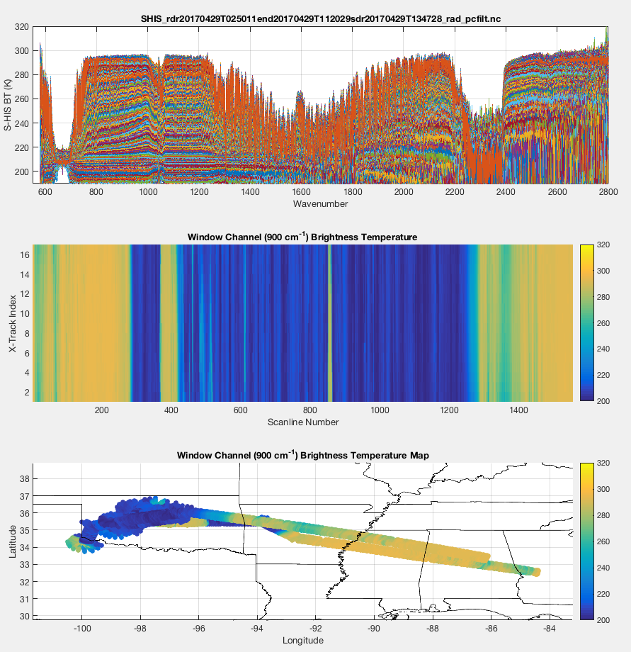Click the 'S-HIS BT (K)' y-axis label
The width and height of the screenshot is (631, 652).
pyautogui.click(x=9, y=105)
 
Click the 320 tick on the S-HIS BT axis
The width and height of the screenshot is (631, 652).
pyautogui.click(x=21, y=27)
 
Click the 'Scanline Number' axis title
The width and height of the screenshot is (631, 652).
pyautogui.click(x=302, y=422)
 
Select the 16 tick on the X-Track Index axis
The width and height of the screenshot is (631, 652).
pyautogui.click(x=23, y=254)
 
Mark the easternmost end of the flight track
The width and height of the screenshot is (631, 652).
pyautogui.click(x=537, y=572)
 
